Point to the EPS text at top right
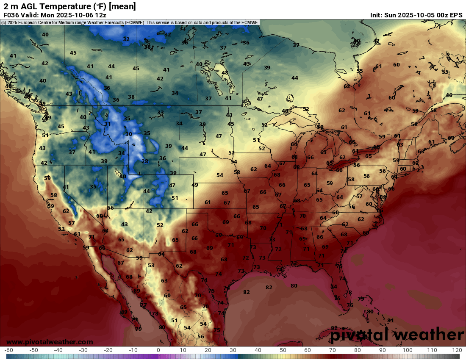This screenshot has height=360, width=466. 456,15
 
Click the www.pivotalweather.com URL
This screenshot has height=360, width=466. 50,342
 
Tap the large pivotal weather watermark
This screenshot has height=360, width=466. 397,335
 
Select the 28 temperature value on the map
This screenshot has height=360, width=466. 145,161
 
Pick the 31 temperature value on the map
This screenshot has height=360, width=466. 108,124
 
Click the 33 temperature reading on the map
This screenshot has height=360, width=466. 161,113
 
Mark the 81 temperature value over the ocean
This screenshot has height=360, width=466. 391,320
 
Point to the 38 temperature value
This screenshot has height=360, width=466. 131,97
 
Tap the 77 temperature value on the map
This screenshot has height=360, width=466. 144,305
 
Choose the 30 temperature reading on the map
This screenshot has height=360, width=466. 129,134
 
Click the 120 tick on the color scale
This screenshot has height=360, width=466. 457,350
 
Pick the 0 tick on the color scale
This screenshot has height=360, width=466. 158,350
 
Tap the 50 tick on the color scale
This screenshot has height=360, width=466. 283,350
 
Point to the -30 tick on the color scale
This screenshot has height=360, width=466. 83,350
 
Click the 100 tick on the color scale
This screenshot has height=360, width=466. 407,350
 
